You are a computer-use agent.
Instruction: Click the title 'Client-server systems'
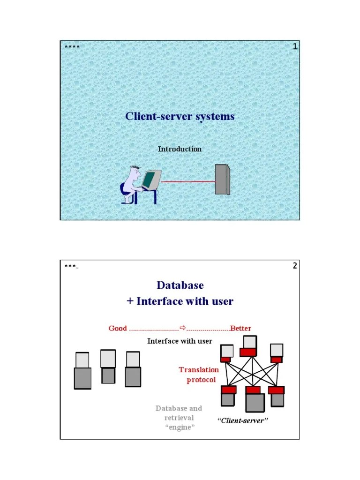point(180,116)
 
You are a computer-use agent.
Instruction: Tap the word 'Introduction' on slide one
point(180,149)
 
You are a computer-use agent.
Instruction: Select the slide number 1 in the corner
point(295,46)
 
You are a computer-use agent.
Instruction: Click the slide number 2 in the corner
point(295,266)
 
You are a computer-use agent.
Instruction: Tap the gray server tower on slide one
point(222,179)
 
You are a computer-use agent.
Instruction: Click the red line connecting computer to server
point(187,181)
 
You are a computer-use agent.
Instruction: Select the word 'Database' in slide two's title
point(180,285)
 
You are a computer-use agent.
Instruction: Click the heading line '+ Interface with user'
point(180,301)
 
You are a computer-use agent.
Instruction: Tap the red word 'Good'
point(118,328)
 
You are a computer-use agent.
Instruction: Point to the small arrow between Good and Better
point(183,327)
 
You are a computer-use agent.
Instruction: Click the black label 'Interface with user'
point(180,341)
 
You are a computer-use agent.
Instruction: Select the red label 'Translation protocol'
point(199,375)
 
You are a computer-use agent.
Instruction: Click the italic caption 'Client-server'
point(242,421)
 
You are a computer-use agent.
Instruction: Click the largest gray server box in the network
point(255,402)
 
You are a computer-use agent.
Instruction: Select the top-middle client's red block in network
point(248,352)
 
